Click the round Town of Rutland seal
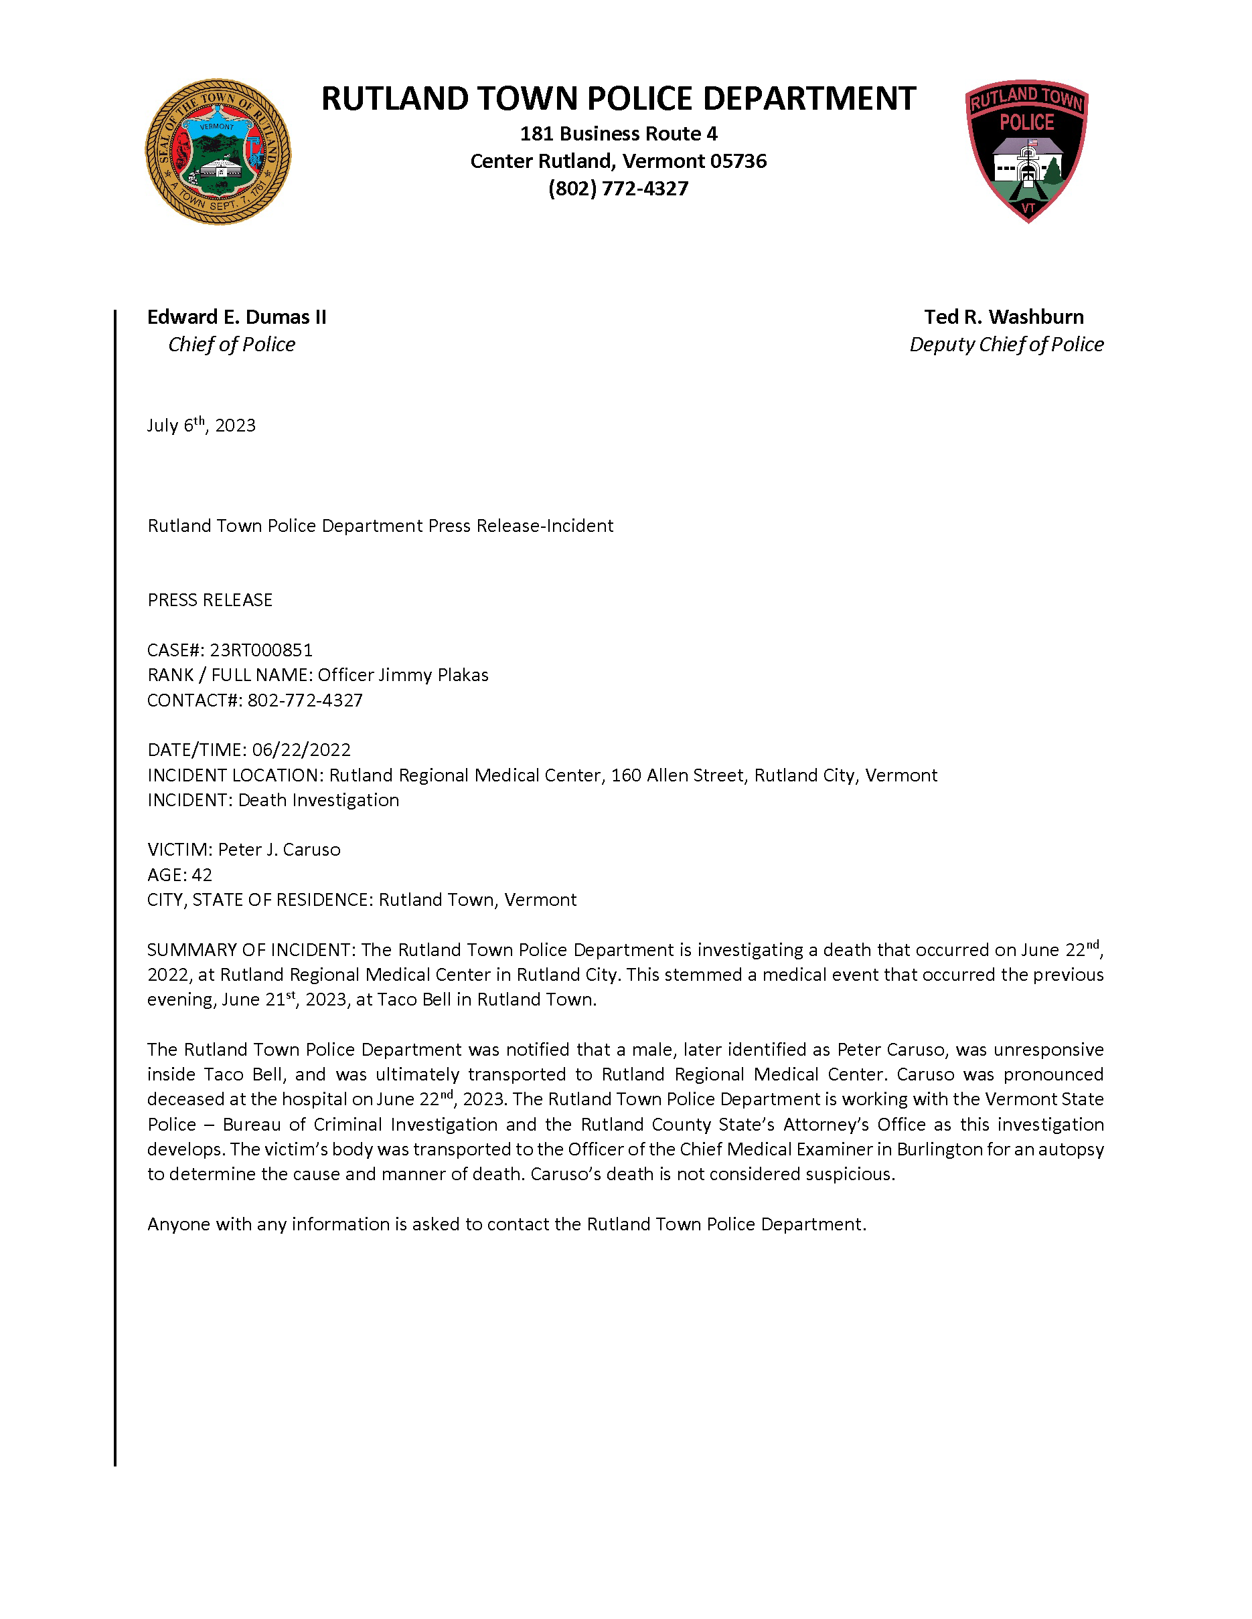click(x=218, y=152)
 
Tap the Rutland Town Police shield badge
click(x=1026, y=151)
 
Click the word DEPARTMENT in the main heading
click(x=809, y=99)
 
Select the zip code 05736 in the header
click(x=738, y=162)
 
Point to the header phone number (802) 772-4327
click(x=618, y=189)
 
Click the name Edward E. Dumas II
click(x=236, y=317)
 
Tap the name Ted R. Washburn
click(x=1004, y=317)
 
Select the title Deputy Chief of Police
click(x=1006, y=345)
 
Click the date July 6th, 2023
click(x=201, y=425)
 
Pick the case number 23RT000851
click(x=261, y=650)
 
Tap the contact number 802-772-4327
click(x=305, y=700)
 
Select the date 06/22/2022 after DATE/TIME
click(x=301, y=750)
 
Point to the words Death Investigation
click(x=318, y=801)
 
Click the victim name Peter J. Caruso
click(x=279, y=850)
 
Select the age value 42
click(x=202, y=876)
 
